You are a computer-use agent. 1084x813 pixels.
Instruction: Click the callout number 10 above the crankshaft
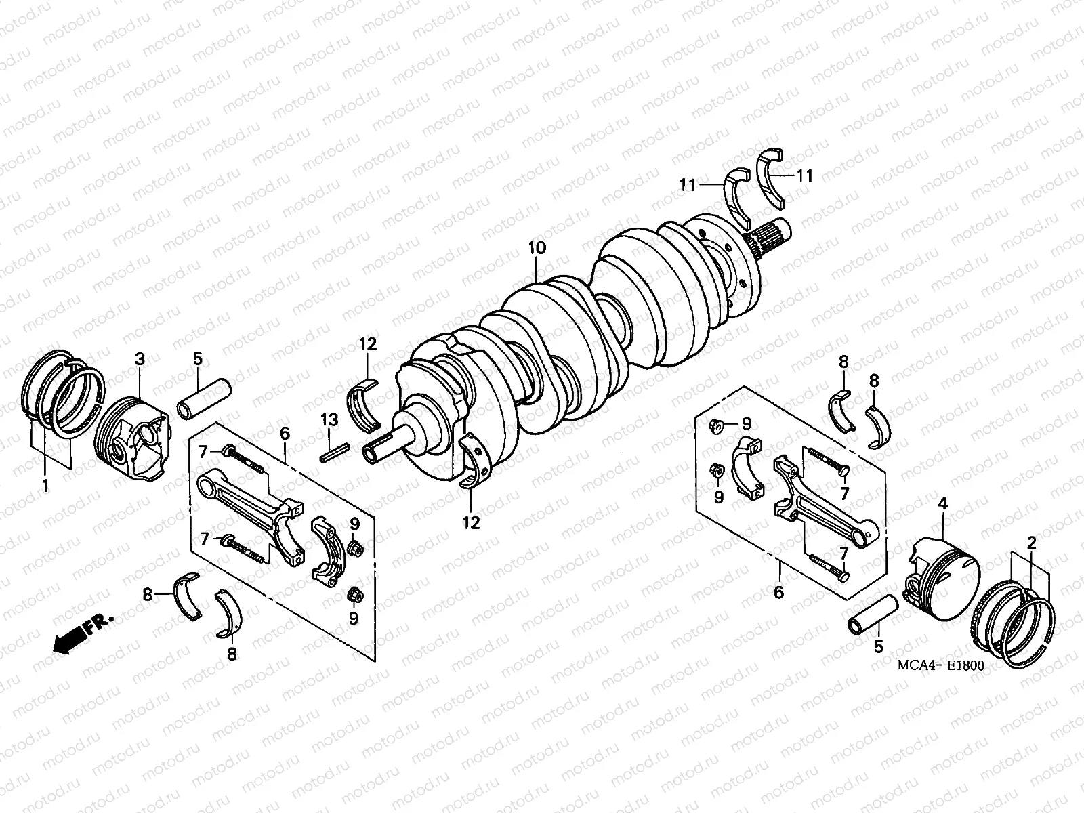536,249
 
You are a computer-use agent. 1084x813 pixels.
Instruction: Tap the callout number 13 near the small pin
329,421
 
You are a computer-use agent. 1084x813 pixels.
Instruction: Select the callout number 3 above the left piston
139,359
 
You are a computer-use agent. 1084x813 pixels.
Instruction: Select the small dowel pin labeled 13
335,451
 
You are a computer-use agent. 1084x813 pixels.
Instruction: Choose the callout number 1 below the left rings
45,485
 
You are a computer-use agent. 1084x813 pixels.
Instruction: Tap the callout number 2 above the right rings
1031,542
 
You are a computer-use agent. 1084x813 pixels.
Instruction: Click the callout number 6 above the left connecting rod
285,433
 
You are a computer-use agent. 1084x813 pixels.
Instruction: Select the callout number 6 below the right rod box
778,592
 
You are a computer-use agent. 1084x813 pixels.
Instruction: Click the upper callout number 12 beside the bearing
367,344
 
